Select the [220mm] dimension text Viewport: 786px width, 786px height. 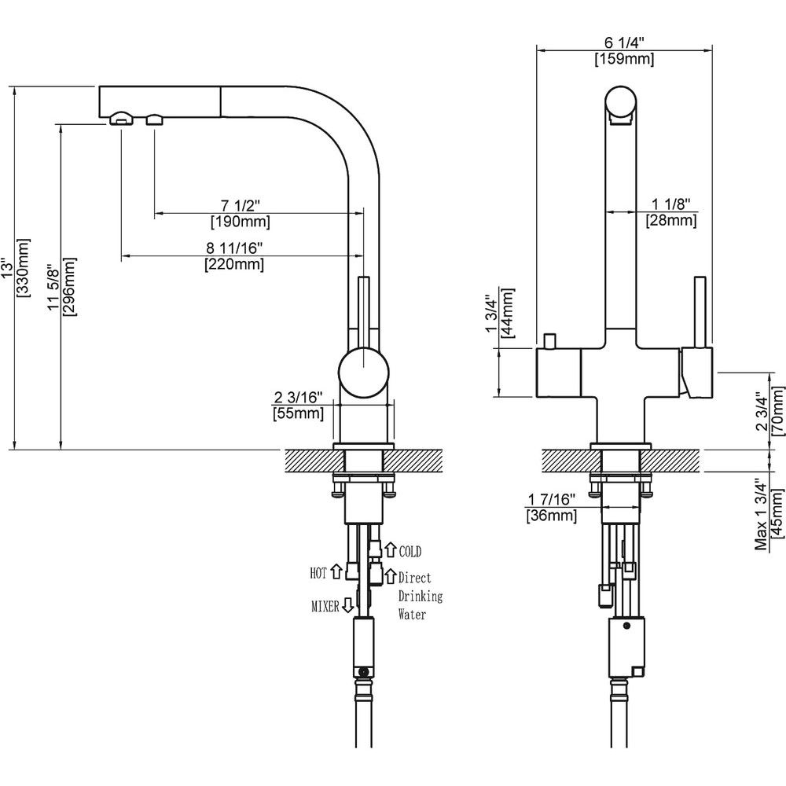coord(234,265)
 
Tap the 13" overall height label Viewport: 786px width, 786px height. coord(8,267)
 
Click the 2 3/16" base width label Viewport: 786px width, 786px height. coord(298,396)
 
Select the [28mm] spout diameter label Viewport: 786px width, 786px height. coord(670,221)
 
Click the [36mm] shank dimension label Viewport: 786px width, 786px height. coord(551,516)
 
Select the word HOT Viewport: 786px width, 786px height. coord(318,573)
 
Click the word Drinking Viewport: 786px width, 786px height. coord(420,596)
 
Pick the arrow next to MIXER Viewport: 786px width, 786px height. coord(347,606)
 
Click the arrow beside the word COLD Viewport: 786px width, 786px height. coord(389,550)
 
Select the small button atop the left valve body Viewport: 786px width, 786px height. coord(549,343)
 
